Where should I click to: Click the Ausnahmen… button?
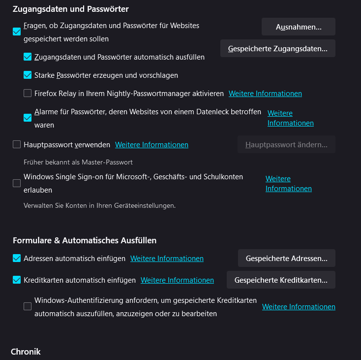click(298, 27)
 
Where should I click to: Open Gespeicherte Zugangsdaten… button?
click(277, 49)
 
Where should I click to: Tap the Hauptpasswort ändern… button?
click(286, 145)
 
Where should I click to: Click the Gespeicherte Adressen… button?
click(286, 259)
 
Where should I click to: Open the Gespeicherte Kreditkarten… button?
click(281, 280)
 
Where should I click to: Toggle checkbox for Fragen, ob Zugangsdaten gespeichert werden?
click(17, 32)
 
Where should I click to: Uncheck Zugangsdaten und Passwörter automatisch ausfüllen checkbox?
click(28, 57)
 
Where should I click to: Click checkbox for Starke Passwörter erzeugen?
click(28, 75)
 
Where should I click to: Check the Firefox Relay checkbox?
click(28, 93)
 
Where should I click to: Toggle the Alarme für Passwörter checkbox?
click(28, 118)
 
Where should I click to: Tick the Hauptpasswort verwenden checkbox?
click(17, 145)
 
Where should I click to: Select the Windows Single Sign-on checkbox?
click(17, 183)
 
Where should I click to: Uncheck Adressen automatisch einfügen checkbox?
click(17, 259)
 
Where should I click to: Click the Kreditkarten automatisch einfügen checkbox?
click(17, 280)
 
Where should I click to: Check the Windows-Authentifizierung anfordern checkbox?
click(28, 306)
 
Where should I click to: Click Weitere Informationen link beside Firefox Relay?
click(265, 94)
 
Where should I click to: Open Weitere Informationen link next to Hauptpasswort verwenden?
click(151, 145)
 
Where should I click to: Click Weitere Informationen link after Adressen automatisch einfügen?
click(167, 259)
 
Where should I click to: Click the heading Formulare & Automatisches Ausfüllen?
click(85, 240)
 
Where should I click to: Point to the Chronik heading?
click(26, 352)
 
